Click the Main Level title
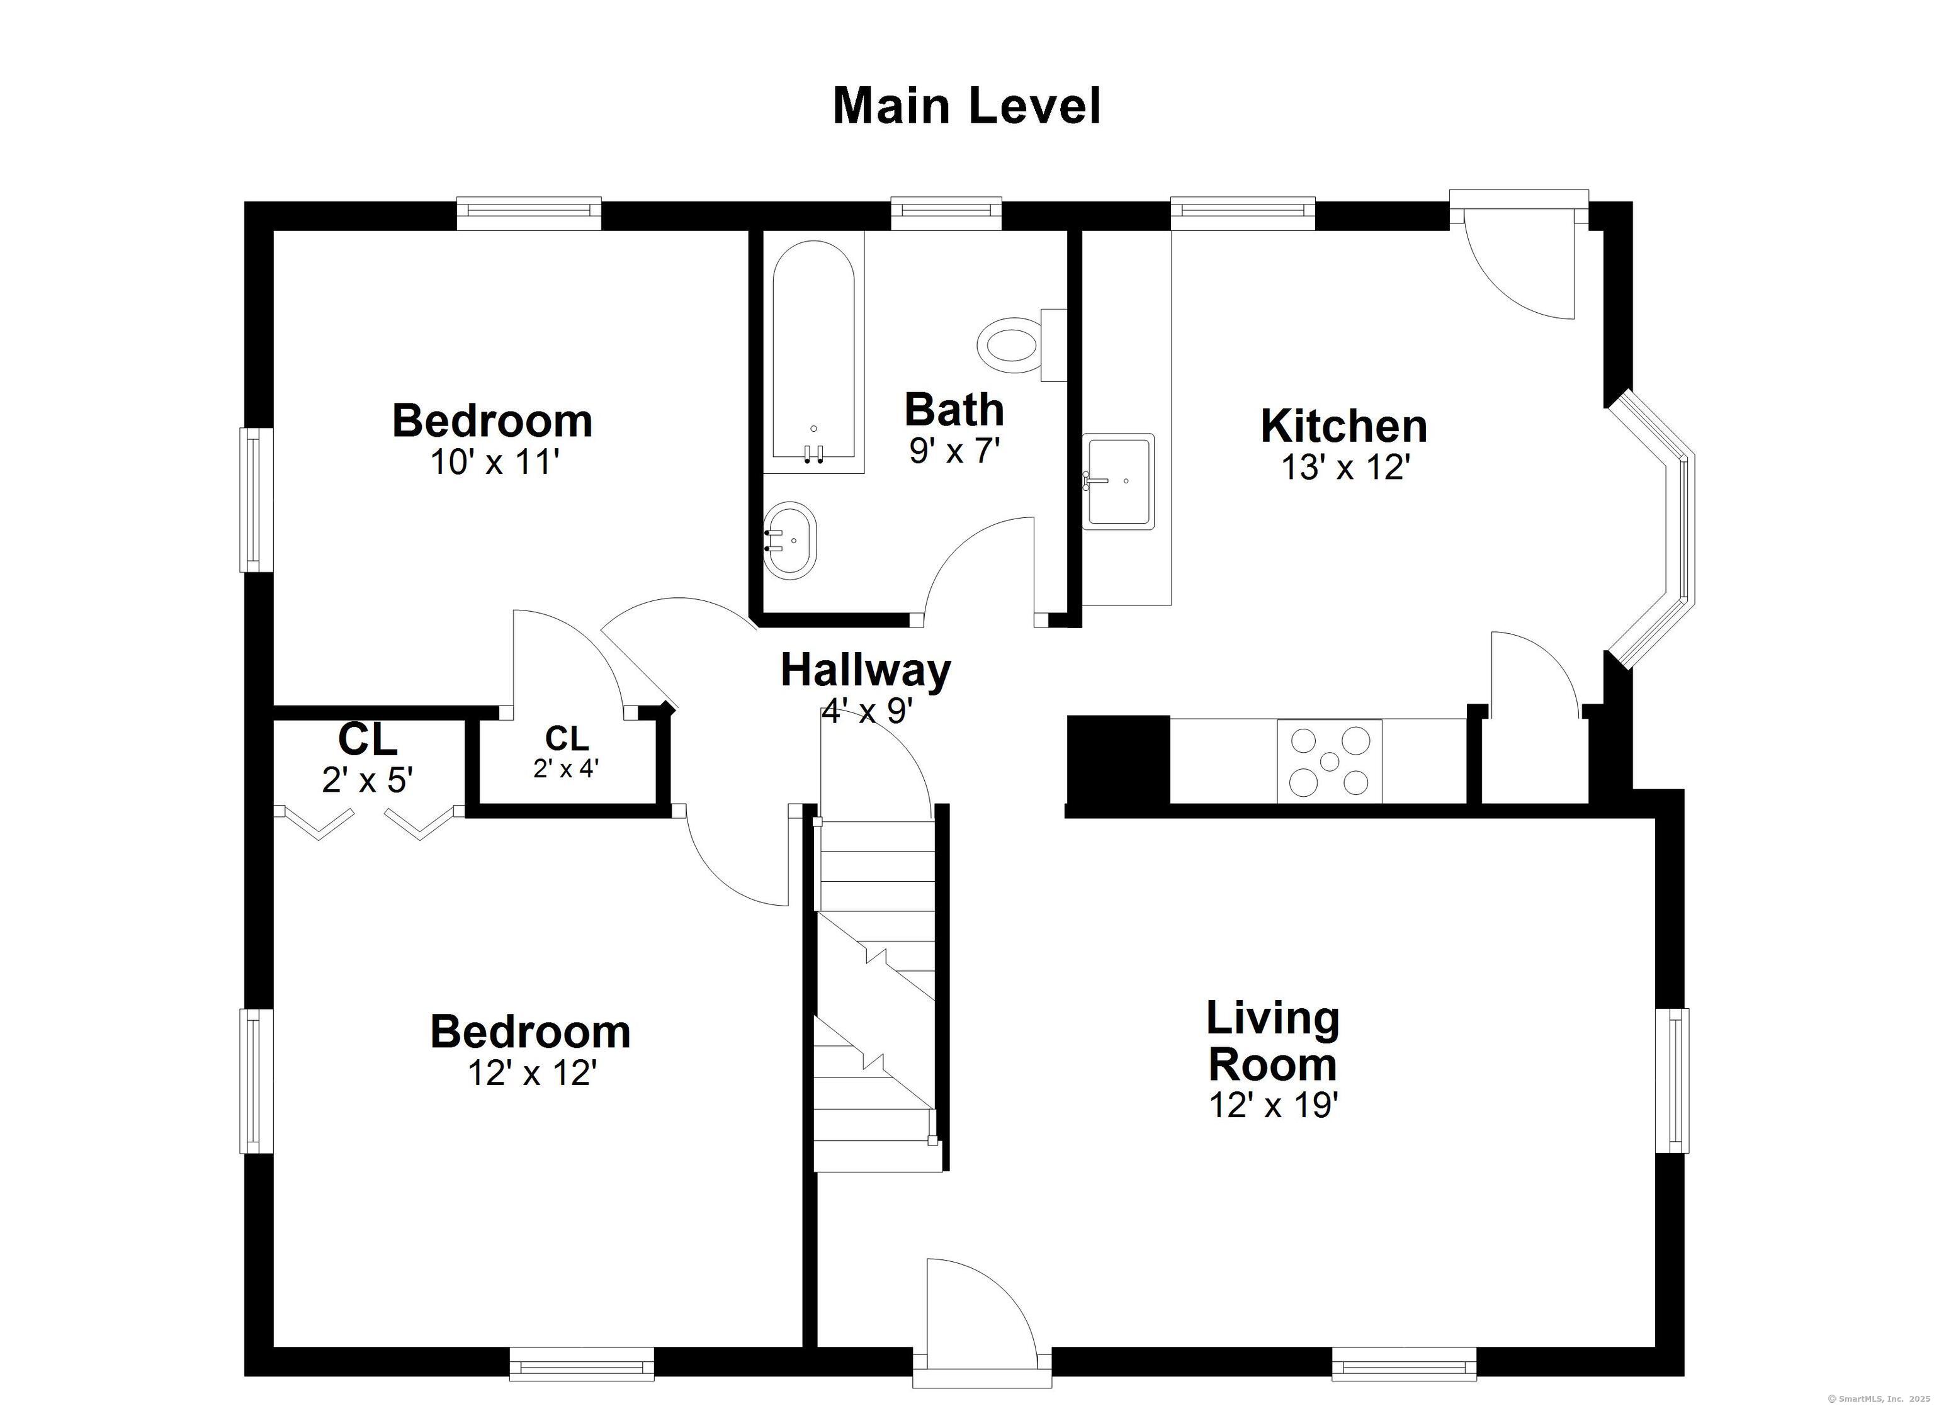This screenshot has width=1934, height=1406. click(x=966, y=106)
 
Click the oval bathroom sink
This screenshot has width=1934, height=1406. click(x=789, y=541)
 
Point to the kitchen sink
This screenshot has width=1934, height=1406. click(x=1118, y=481)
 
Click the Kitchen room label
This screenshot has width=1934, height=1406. click(x=1344, y=425)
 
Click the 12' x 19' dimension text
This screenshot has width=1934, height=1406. click(x=1273, y=1105)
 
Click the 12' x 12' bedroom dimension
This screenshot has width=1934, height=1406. click(x=531, y=1072)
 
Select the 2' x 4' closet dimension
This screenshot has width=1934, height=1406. click(x=566, y=768)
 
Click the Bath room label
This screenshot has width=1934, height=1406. click(x=954, y=409)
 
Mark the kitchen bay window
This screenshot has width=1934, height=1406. click(x=1649, y=529)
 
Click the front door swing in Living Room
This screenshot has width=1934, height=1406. click(x=981, y=1321)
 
